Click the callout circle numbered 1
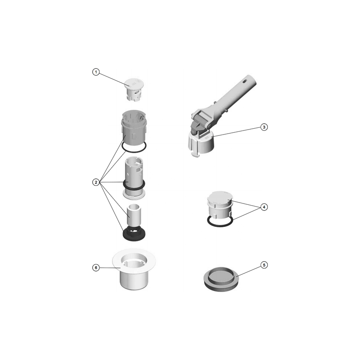pos(96,72)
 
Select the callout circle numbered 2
pos(96,182)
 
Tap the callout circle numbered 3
pos(264,127)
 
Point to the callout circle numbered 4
pos(264,207)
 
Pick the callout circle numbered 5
pos(264,265)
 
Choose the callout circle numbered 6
pos(96,268)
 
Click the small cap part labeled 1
pos(134,89)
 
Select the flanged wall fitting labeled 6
pos(134,269)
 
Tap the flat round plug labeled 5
pos(221,279)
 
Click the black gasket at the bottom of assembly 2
pos(134,234)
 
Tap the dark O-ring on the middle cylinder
pos(134,185)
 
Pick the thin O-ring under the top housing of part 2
pos(134,147)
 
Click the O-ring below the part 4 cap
pos(220,221)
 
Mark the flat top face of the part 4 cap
pos(220,197)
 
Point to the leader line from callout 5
pos(249,271)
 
